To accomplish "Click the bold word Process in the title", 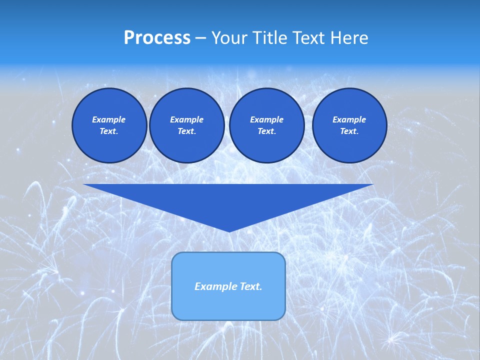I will tap(157, 38).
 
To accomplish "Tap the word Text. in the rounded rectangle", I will tap(249, 286).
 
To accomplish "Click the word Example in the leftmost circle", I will tap(109, 119).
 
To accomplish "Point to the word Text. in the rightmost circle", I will tap(349, 131).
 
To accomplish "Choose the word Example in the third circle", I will tap(266, 119).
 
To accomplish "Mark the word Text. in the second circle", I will tap(186, 131).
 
